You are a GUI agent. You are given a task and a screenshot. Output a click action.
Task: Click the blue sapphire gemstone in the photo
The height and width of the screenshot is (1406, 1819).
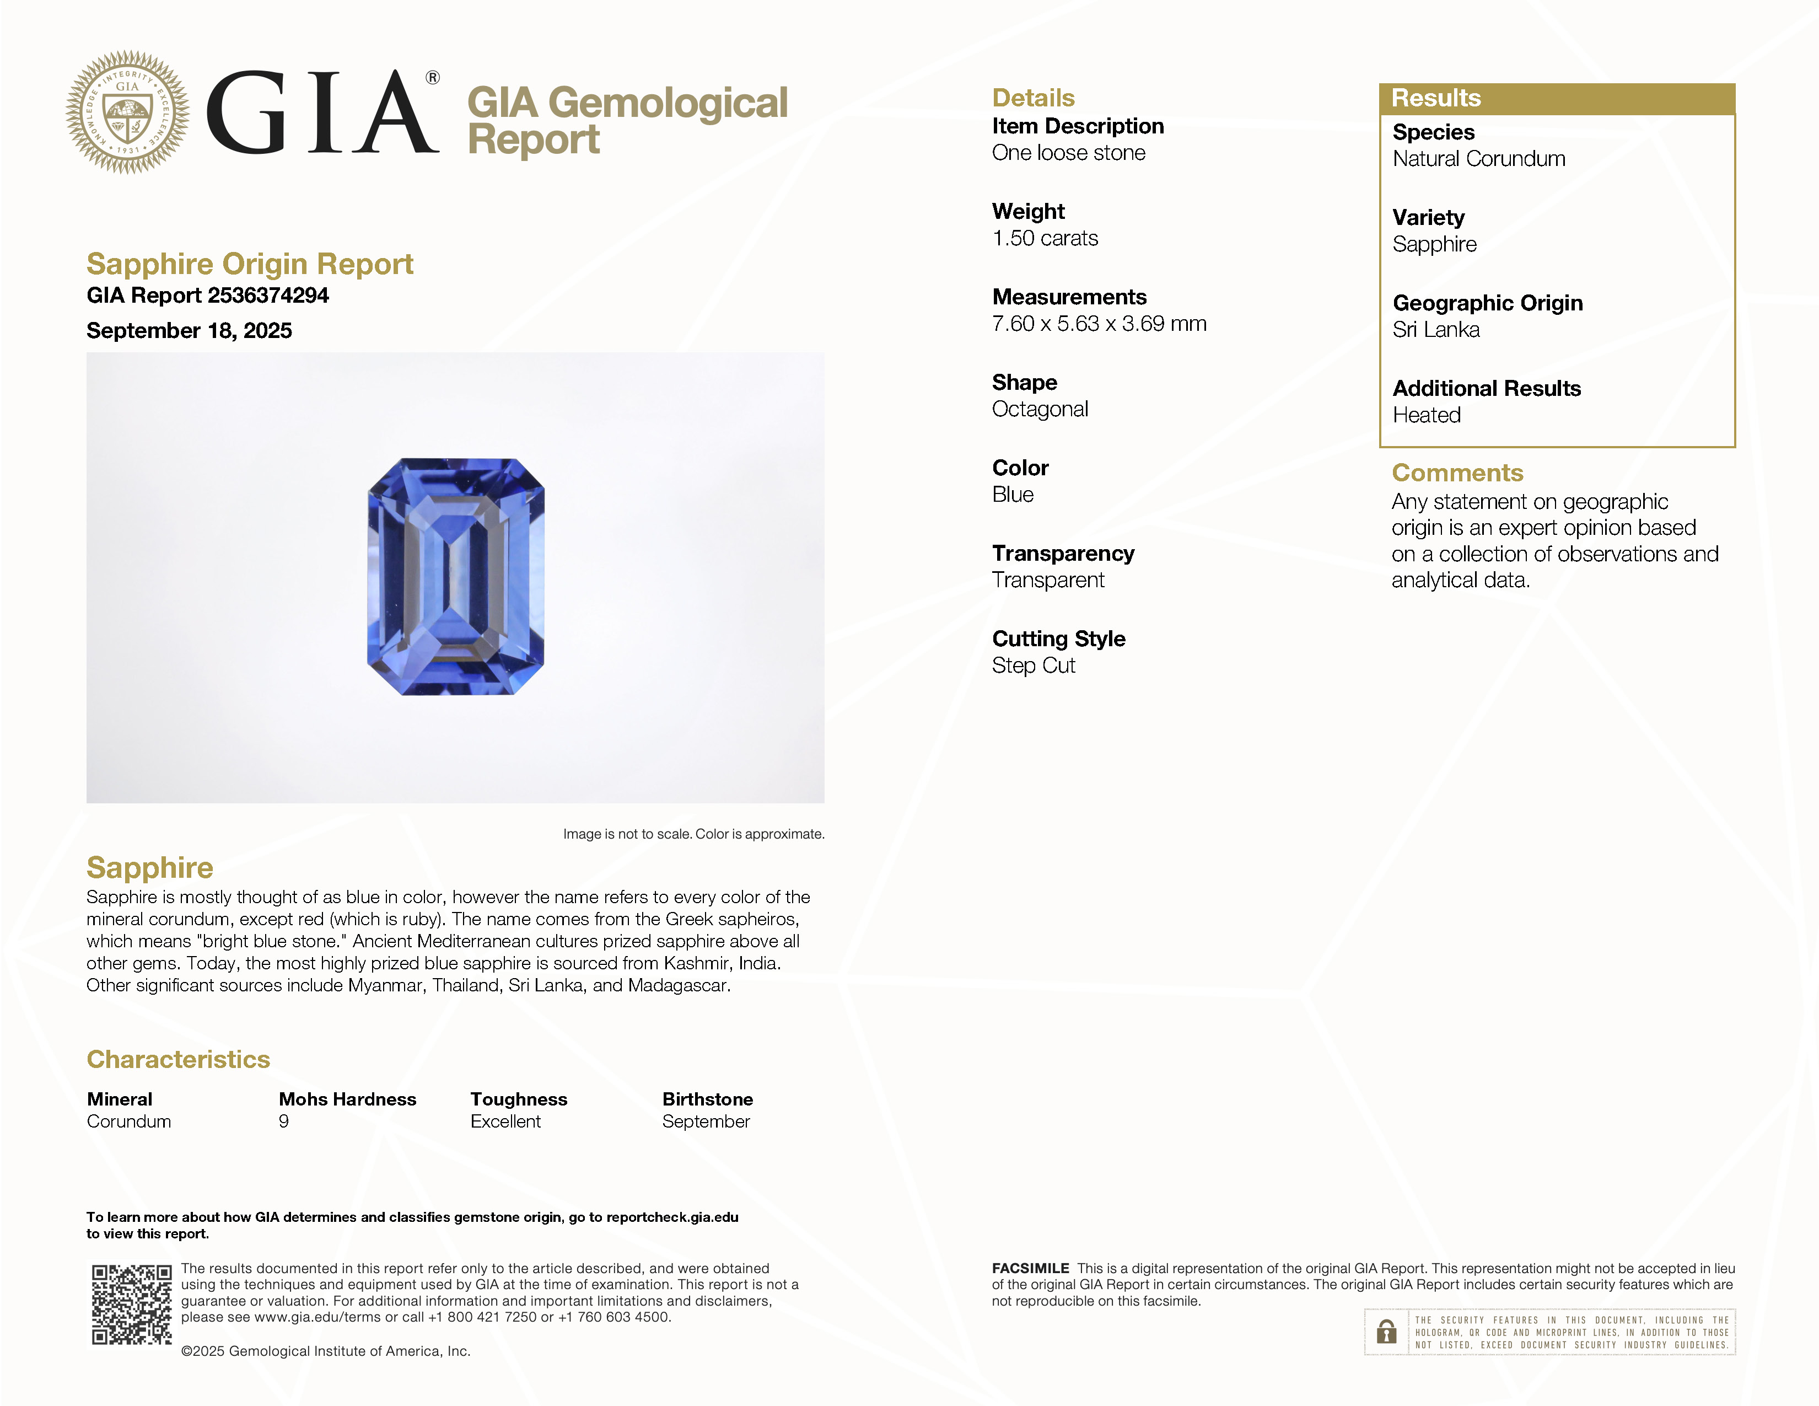[456, 576]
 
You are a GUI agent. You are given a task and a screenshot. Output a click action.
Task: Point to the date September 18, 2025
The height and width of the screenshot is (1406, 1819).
[189, 331]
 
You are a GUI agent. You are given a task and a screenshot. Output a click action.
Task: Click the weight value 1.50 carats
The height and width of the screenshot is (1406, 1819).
[1045, 238]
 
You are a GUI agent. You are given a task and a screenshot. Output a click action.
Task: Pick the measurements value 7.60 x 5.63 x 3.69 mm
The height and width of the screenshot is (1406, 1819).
[1099, 324]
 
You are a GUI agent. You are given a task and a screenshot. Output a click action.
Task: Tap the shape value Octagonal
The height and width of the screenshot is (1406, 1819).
[1040, 409]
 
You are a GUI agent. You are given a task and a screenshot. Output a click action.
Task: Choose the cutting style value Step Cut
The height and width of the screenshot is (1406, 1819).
[1033, 666]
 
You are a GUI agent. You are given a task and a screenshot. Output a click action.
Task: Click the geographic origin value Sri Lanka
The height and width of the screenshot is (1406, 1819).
[1436, 330]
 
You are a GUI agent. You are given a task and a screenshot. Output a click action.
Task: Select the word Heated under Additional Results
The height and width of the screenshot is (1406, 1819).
[1426, 415]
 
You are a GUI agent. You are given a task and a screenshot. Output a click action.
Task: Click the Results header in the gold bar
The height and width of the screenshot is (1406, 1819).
[1436, 98]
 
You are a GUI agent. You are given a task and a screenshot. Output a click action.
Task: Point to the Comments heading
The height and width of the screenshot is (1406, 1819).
[1457, 473]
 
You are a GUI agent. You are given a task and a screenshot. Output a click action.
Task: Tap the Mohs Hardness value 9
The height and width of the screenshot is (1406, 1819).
[284, 1121]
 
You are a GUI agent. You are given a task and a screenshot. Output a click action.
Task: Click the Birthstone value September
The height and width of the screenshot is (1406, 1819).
[706, 1121]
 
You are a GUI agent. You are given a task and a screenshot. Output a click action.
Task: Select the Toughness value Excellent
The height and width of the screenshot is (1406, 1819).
[505, 1121]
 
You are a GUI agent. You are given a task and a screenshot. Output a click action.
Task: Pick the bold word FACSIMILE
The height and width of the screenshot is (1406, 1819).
[1030, 1268]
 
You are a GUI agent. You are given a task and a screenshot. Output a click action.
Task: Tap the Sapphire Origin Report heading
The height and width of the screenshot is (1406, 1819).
[250, 264]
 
